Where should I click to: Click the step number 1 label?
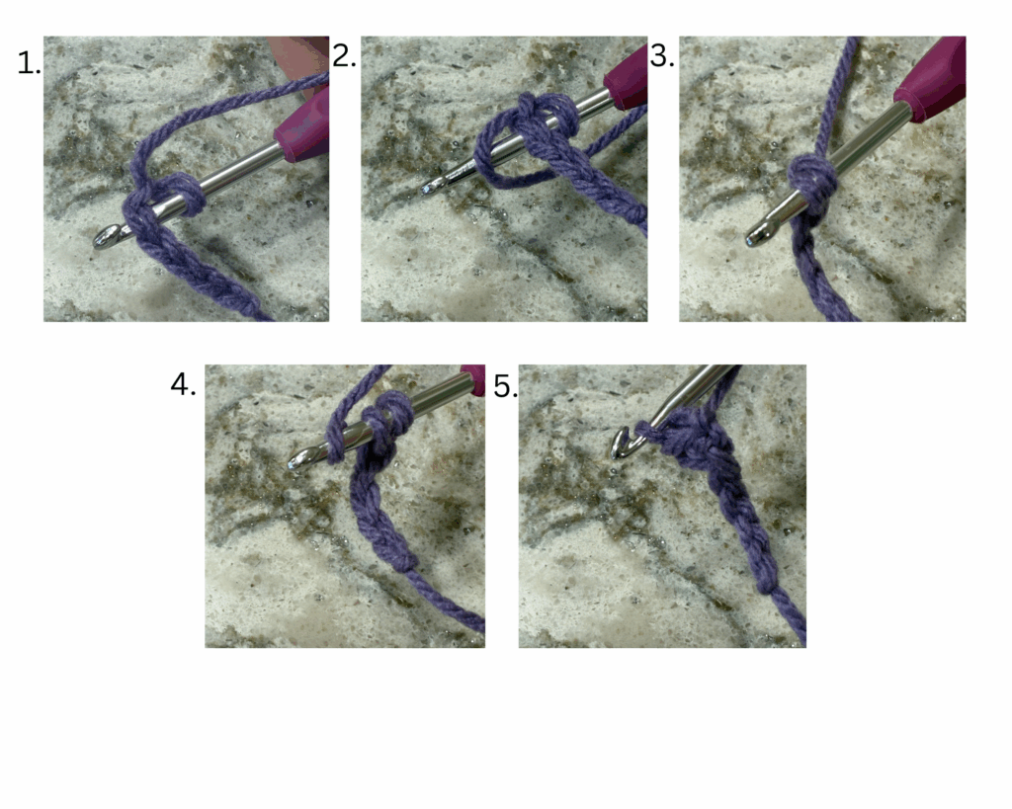click(x=29, y=63)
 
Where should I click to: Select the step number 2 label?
click(x=344, y=56)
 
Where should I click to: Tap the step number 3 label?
click(x=662, y=56)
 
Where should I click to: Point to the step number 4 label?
click(x=183, y=385)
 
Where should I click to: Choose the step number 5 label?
click(x=505, y=386)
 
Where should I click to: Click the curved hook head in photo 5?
click(x=621, y=444)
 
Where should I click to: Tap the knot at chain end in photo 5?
click(x=767, y=583)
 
